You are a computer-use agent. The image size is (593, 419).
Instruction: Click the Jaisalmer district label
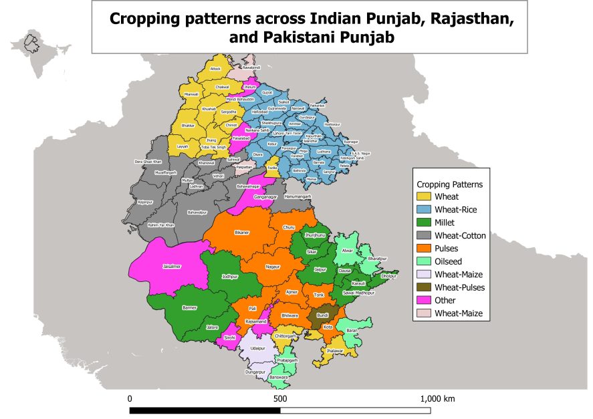tap(172, 266)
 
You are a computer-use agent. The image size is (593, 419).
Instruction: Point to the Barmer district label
tap(189, 308)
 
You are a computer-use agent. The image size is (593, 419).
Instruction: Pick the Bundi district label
tap(322, 314)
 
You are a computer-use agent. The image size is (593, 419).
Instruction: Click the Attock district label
tap(215, 69)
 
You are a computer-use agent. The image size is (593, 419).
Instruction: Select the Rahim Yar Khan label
tap(161, 225)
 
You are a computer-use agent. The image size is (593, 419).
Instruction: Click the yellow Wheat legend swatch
tap(424, 196)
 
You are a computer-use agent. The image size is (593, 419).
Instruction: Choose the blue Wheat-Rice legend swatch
tap(424, 209)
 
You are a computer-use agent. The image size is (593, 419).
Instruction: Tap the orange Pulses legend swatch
tap(424, 249)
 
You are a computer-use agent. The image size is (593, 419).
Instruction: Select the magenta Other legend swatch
tap(424, 300)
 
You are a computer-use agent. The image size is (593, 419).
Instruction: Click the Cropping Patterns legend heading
tap(449, 184)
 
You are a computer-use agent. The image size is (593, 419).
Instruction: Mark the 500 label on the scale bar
tap(280, 398)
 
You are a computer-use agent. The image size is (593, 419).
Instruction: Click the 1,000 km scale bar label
tap(437, 398)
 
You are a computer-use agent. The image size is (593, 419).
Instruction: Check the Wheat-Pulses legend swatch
tap(424, 287)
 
